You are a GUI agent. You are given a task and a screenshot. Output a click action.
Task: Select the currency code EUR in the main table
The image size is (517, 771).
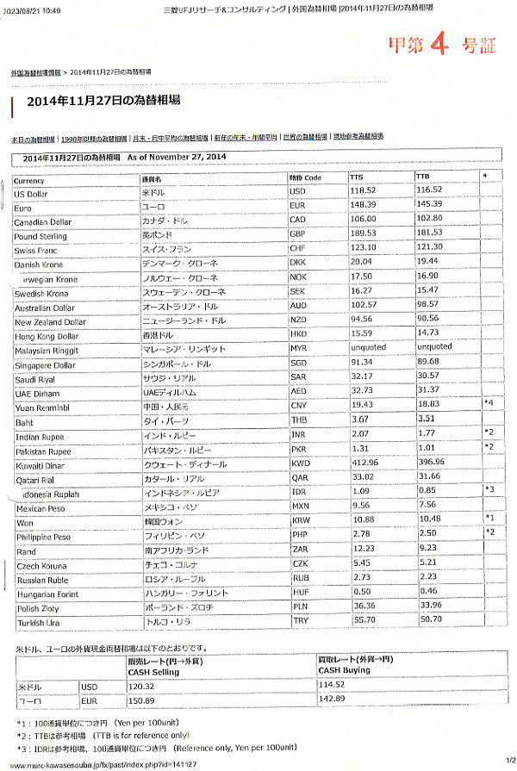(298, 205)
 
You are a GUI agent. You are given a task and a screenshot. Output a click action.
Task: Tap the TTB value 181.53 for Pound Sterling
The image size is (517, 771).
(430, 233)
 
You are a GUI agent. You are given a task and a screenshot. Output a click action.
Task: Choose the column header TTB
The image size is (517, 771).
(423, 177)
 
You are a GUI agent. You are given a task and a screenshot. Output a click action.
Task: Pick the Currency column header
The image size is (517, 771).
(29, 181)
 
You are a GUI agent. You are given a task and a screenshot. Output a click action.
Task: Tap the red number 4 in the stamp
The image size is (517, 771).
(439, 42)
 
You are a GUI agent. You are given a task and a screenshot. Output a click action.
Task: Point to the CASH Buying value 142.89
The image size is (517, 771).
(332, 699)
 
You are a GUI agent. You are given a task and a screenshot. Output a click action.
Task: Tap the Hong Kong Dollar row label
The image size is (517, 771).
(47, 336)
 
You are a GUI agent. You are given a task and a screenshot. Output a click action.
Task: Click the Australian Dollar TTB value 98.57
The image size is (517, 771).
(428, 305)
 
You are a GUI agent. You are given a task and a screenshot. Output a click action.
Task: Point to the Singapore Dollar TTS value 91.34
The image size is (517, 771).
(362, 363)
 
